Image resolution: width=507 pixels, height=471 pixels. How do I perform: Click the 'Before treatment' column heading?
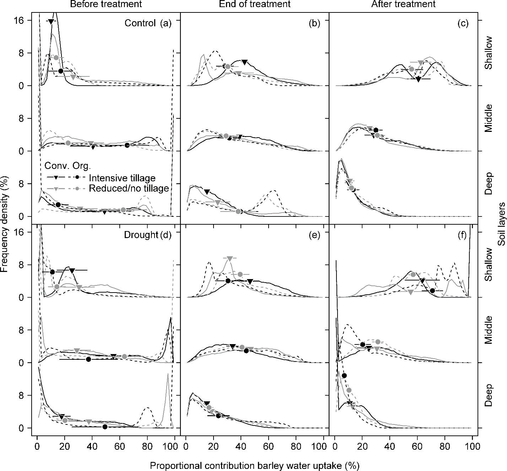[x=106, y=4]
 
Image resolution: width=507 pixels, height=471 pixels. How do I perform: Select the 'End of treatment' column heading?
[x=255, y=4]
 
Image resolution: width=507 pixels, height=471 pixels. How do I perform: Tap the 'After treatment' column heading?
[x=403, y=4]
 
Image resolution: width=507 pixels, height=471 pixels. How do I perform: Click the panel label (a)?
[x=166, y=23]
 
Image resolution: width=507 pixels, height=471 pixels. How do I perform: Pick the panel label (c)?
[x=463, y=23]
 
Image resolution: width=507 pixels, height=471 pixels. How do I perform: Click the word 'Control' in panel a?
[x=140, y=23]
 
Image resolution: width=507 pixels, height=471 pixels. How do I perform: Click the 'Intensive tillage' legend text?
[x=122, y=178]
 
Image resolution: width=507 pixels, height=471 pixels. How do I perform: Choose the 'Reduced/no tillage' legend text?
[x=129, y=188]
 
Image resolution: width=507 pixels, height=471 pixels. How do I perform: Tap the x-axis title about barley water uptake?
[x=254, y=465]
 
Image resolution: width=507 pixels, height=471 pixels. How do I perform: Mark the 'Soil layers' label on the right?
[x=502, y=224]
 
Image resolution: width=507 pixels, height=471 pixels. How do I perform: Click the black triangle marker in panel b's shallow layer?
[x=244, y=63]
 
